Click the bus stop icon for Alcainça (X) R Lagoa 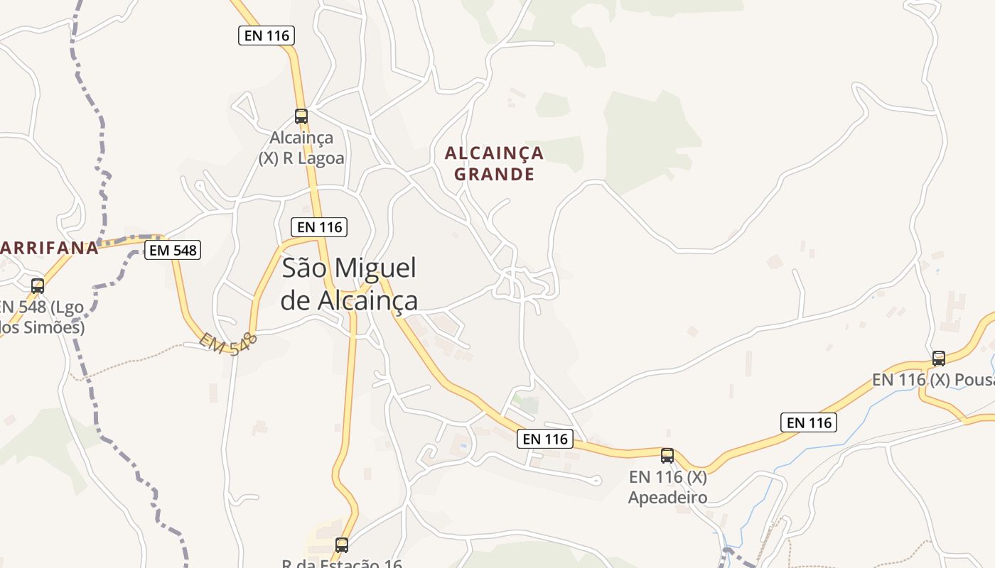pos(301,116)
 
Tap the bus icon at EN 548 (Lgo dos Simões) pos(38,286)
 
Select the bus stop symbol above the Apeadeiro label pos(667,455)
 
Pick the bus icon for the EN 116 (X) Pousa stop pos(939,358)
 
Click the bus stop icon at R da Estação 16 pos(342,545)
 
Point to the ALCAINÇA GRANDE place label pos(494,163)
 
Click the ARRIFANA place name pos(48,248)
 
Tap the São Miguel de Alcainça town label pos(349,284)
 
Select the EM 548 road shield pos(173,249)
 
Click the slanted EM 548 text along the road pos(228,344)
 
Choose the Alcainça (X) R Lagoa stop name pos(302,148)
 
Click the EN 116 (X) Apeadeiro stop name pos(667,486)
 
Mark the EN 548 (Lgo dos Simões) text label pos(42,317)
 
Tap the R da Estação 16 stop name pos(342,563)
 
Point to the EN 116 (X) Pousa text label pos(933,380)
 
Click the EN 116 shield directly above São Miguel pos(321,227)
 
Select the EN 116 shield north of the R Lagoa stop pos(267,35)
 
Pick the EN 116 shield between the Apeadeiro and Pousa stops pos(809,422)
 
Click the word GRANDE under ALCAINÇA pos(494,174)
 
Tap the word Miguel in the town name pos(375,268)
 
